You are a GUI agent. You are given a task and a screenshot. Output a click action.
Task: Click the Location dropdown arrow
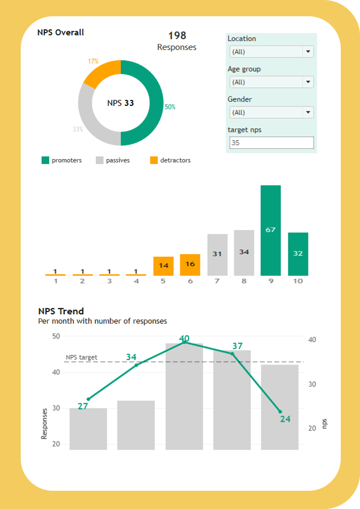308,52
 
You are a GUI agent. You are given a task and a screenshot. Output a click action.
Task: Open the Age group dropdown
271,82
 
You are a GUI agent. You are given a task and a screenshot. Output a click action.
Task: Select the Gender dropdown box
271,113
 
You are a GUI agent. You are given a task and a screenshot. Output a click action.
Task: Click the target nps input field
271,143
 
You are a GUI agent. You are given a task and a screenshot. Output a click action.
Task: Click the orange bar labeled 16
190,265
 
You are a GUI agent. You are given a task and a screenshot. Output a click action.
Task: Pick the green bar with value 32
298,254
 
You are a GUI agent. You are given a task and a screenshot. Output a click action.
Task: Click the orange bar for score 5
164,266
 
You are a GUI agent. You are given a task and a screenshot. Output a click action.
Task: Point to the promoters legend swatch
45,160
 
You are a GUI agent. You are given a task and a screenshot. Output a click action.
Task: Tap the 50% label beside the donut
170,107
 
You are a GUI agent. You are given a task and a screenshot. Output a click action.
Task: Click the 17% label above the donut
93,62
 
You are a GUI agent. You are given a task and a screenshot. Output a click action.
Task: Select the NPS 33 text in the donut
121,103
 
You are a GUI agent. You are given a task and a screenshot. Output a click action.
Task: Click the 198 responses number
177,35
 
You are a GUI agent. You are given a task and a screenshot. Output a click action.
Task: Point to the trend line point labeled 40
184,342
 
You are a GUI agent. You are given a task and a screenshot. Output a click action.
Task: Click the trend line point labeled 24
280,411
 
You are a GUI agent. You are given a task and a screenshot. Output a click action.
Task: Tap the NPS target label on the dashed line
81,357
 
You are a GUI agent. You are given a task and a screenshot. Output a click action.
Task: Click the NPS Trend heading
61,311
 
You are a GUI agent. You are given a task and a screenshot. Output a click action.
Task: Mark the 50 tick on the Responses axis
56,336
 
